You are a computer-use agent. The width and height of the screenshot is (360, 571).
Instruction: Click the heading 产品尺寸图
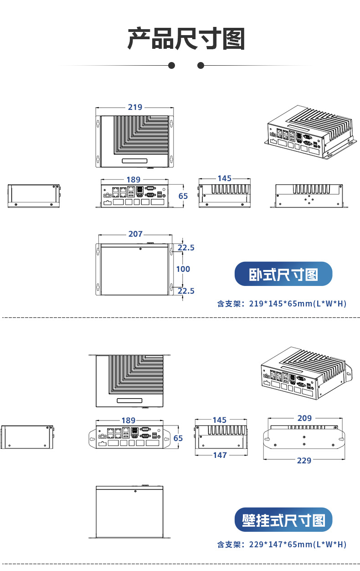pyautogui.click(x=186, y=39)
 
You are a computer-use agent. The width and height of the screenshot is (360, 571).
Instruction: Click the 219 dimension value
pyautogui.click(x=135, y=107)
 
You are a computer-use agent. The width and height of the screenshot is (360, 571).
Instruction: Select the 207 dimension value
pyautogui.click(x=135, y=234)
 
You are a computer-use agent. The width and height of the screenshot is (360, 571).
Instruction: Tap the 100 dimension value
pyautogui.click(x=183, y=269)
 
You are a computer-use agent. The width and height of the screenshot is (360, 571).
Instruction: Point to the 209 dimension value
pyautogui.click(x=304, y=418)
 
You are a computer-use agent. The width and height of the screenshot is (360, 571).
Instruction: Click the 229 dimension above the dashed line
pyautogui.click(x=304, y=461)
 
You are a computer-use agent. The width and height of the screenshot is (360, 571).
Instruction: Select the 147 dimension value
pyautogui.click(x=220, y=455)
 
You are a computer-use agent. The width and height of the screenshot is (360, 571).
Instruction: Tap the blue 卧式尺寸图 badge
pyautogui.click(x=283, y=274)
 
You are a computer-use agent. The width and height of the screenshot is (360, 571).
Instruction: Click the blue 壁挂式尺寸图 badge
pyautogui.click(x=283, y=520)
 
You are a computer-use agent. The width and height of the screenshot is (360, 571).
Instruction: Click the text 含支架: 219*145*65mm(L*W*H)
pyautogui.click(x=282, y=304)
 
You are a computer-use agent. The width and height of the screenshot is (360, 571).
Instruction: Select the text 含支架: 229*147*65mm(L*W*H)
pyautogui.click(x=282, y=545)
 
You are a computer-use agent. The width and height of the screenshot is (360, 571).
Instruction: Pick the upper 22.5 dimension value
pyautogui.click(x=186, y=248)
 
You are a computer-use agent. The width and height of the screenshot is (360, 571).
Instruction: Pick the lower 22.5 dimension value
pyautogui.click(x=186, y=291)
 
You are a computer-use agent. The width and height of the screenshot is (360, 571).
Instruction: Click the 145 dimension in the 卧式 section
pyautogui.click(x=224, y=178)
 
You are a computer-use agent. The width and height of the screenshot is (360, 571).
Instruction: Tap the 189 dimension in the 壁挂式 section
pyautogui.click(x=129, y=420)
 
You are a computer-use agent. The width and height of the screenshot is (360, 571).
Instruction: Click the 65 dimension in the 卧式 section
pyautogui.click(x=183, y=196)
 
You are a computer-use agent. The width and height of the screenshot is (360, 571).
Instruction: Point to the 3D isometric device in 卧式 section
pyautogui.click(x=309, y=132)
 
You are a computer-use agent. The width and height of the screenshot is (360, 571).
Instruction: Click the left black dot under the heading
pyautogui.click(x=172, y=66)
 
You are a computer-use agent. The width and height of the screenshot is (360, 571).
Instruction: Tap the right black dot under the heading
pyautogui.click(x=201, y=66)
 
